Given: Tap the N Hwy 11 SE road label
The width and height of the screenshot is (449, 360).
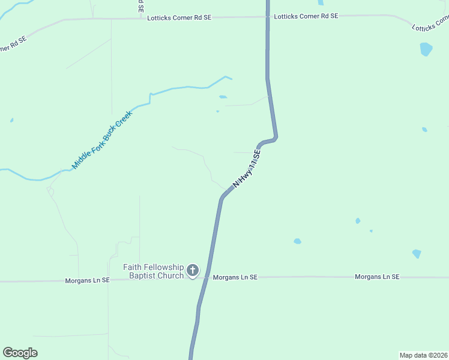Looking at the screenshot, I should (247, 170).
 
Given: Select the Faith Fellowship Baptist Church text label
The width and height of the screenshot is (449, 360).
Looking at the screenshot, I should (153, 271).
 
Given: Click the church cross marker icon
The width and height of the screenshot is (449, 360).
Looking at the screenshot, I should (193, 271).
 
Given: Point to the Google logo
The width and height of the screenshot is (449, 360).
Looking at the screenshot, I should (20, 353).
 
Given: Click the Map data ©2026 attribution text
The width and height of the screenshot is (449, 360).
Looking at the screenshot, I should (423, 355).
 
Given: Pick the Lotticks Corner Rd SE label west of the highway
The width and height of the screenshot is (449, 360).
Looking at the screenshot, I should (179, 18).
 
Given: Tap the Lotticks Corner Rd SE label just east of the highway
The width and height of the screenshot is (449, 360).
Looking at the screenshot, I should (306, 16).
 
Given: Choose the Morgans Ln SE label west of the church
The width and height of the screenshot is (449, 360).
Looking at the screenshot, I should (88, 280).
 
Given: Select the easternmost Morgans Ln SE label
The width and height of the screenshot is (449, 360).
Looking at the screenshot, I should (377, 277).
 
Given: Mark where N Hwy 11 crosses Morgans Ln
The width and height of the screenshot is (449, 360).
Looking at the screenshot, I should (206, 278).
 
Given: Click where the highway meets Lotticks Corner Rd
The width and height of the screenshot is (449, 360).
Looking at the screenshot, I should (268, 17).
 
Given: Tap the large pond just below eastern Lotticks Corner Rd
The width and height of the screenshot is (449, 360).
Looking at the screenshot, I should (426, 49).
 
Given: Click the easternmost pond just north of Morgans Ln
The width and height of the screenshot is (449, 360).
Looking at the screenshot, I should (417, 254).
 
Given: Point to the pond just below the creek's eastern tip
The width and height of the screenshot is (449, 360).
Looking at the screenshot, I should (223, 97).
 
